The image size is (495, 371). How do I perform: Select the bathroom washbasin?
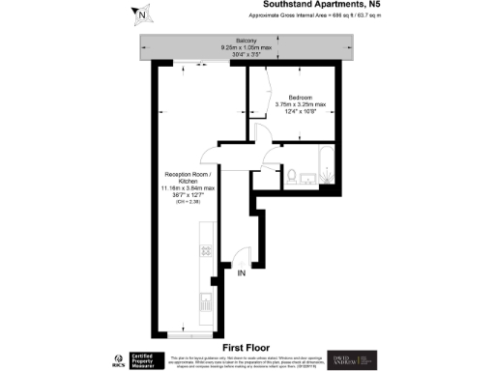[308, 177]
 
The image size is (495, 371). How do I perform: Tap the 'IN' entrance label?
[243, 273]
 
